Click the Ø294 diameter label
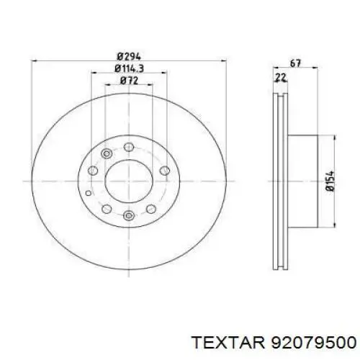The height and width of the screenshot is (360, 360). (129, 57)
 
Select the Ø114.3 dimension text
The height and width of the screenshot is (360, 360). (129, 68)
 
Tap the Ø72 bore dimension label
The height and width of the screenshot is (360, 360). (129, 81)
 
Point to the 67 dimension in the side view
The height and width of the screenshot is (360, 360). (295, 63)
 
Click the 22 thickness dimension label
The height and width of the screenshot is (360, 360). (281, 78)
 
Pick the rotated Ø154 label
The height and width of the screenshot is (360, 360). (330, 181)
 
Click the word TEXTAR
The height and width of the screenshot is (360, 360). (229, 342)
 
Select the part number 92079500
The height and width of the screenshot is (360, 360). (313, 342)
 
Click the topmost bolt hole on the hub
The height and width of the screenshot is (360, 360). (129, 147)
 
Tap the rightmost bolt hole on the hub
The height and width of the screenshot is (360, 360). (165, 171)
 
